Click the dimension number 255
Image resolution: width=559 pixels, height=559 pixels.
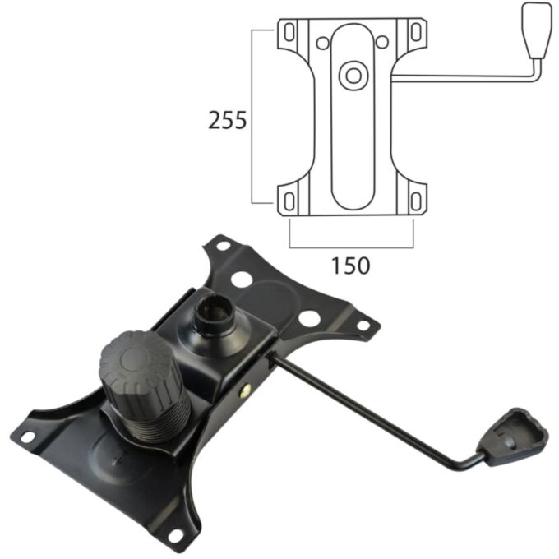point(227,121)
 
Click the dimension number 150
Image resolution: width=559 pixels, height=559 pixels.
point(351,265)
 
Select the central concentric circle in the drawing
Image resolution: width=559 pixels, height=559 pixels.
point(354,75)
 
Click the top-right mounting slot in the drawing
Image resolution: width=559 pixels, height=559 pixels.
point(417,32)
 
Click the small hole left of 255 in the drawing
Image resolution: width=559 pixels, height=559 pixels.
point(324,42)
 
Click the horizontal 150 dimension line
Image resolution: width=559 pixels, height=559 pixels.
point(351,246)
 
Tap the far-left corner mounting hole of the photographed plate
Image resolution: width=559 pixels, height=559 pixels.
point(27,437)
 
